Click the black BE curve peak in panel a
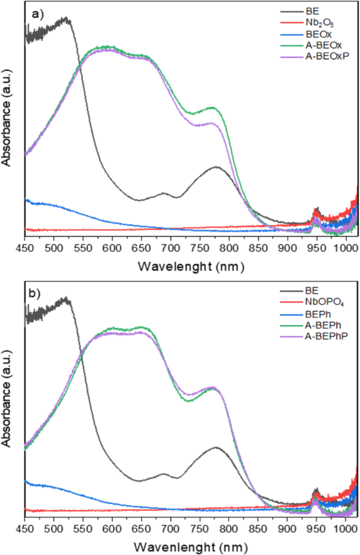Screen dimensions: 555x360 pyautogui.click(x=67, y=19)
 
